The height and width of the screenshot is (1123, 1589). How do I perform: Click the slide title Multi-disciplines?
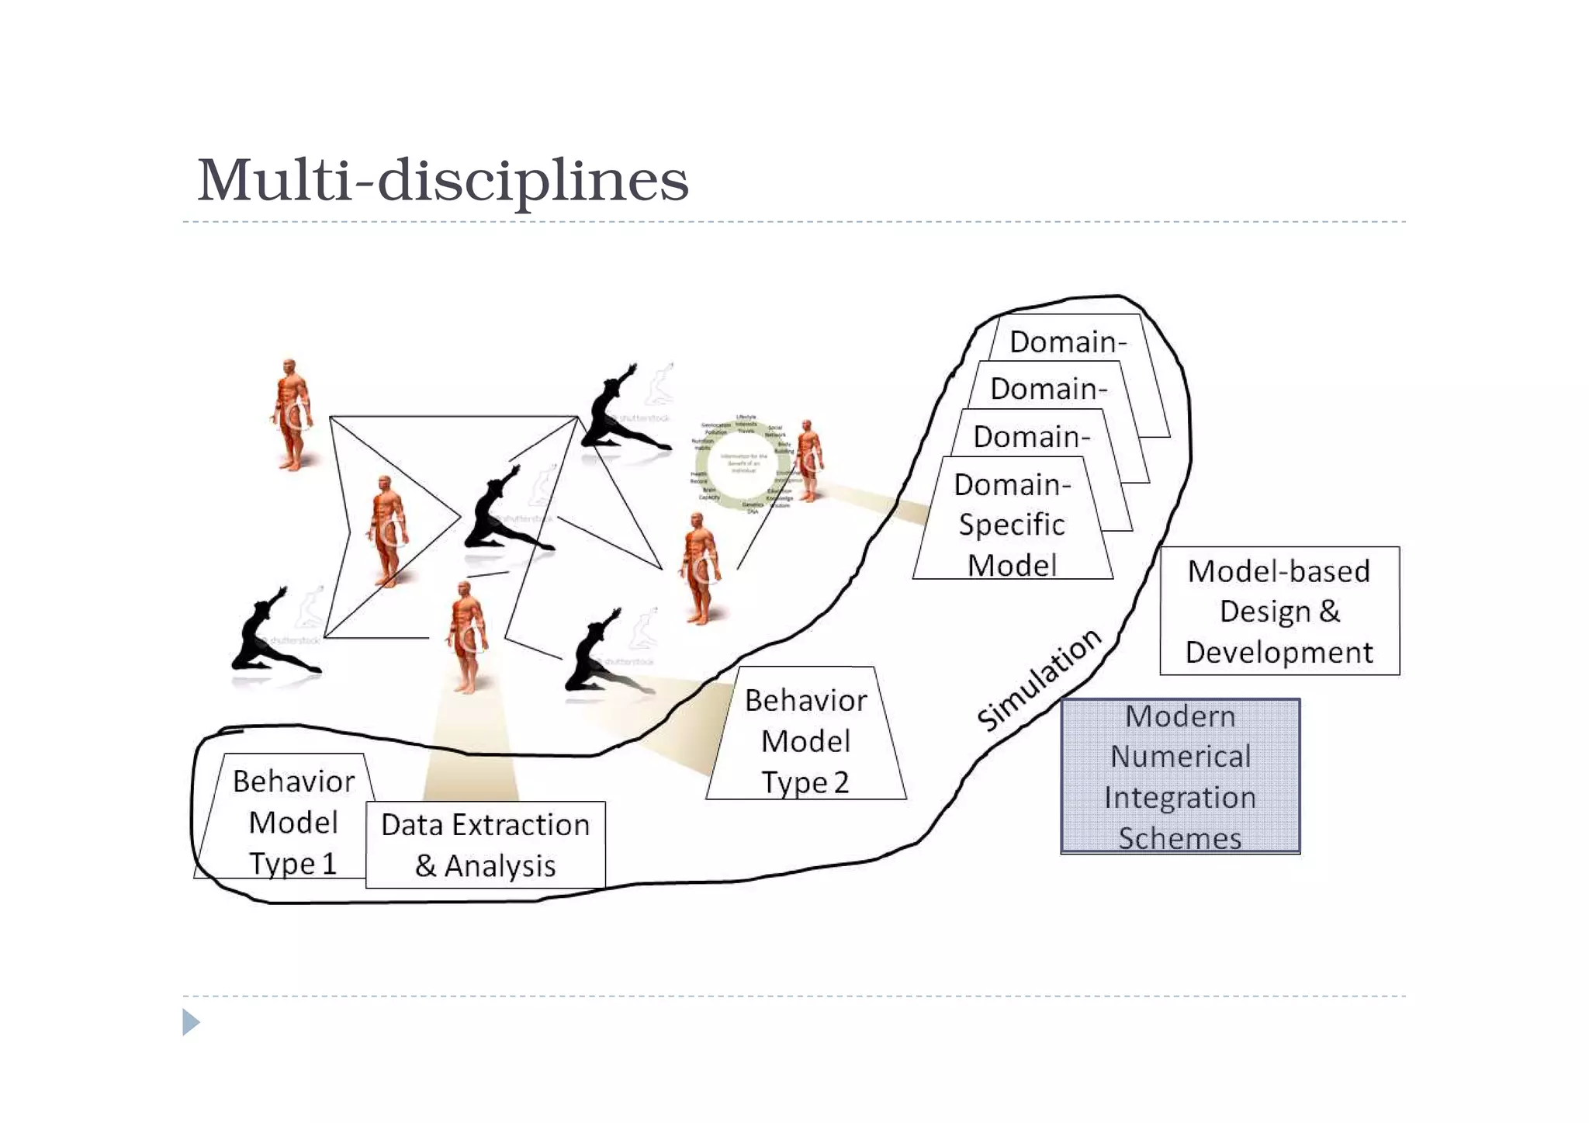coord(442,180)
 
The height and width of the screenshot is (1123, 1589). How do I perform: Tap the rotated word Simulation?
coord(1038,679)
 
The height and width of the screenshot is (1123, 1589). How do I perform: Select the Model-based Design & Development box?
coord(1279,611)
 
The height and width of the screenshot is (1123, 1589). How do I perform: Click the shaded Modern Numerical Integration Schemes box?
coord(1179,775)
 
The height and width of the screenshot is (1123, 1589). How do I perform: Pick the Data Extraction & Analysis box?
coord(485,844)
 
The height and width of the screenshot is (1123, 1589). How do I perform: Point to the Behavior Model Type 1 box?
coord(287,821)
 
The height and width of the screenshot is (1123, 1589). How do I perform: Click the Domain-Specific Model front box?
coord(1012,524)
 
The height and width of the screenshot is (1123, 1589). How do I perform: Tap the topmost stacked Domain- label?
coord(1068,341)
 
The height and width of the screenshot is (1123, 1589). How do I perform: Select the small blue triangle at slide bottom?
coord(190,1022)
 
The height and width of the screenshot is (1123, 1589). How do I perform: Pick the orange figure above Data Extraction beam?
coord(467,636)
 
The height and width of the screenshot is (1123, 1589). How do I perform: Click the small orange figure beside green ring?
coord(808,459)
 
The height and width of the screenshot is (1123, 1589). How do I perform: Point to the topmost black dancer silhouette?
coord(621,410)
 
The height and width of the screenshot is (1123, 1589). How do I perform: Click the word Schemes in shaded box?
coord(1179,838)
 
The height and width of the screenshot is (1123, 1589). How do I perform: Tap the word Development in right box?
coord(1279,652)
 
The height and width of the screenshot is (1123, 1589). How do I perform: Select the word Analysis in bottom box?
coord(500,866)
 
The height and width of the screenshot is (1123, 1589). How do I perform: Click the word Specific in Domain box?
coord(1012,525)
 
